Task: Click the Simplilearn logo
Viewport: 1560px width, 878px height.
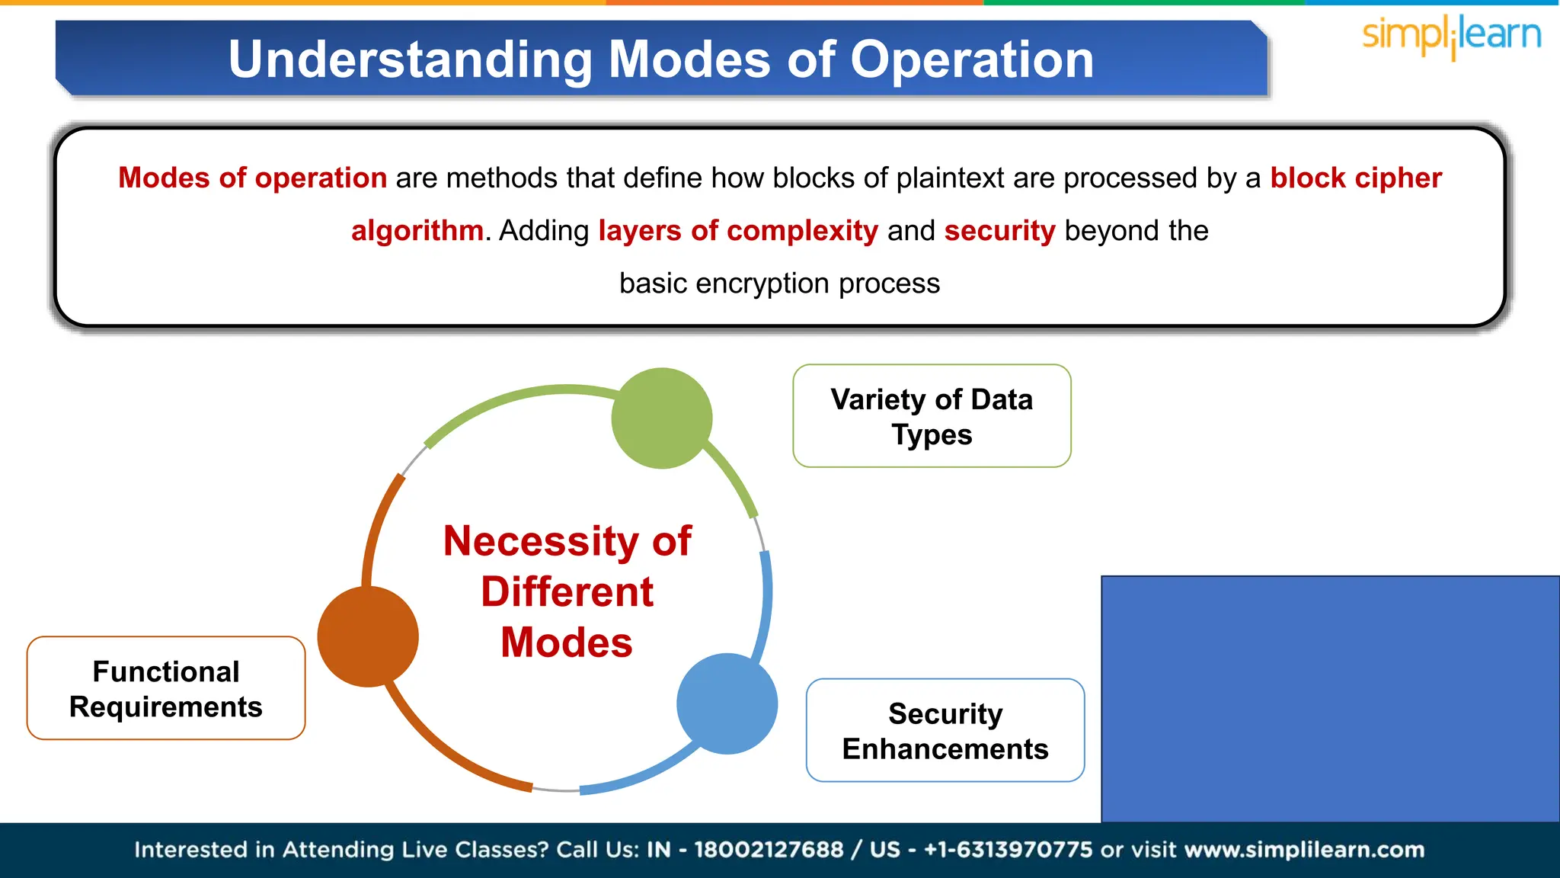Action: pyautogui.click(x=1451, y=36)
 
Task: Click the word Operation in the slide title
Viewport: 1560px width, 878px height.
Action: pyautogui.click(x=972, y=59)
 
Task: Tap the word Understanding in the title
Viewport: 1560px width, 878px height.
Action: pyautogui.click(x=410, y=59)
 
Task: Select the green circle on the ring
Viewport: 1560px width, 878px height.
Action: pyautogui.click(x=661, y=418)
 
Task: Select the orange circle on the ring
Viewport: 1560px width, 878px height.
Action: pyautogui.click(x=368, y=636)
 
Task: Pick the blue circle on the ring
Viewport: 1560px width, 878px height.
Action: pyautogui.click(x=727, y=703)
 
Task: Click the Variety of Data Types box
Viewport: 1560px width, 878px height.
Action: pyautogui.click(x=932, y=416)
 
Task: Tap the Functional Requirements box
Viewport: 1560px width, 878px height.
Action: pyautogui.click(x=166, y=688)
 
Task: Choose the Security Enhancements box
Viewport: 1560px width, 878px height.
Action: pyautogui.click(x=945, y=730)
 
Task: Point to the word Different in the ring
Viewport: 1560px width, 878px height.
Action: pyautogui.click(x=567, y=592)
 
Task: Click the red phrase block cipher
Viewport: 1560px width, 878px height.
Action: pyautogui.click(x=1355, y=178)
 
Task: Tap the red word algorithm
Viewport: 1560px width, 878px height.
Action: pyautogui.click(x=417, y=230)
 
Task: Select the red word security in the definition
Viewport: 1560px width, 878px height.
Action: pyautogui.click(x=999, y=230)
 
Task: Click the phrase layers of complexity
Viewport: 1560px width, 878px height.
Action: pyautogui.click(x=737, y=230)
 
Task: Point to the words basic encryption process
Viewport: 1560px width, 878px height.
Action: pyautogui.click(x=779, y=283)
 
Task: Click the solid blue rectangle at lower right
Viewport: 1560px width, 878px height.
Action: pyautogui.click(x=1330, y=699)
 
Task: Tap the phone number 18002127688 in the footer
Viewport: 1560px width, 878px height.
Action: pyautogui.click(x=768, y=849)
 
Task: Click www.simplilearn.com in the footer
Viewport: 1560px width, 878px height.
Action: pyautogui.click(x=1304, y=849)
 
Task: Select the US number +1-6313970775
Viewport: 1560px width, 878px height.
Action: pyautogui.click(x=1008, y=849)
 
